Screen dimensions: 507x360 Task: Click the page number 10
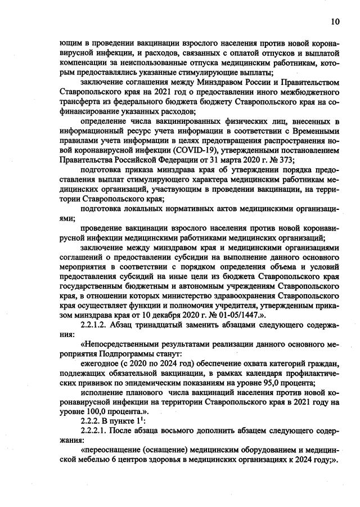pyautogui.click(x=335, y=22)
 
